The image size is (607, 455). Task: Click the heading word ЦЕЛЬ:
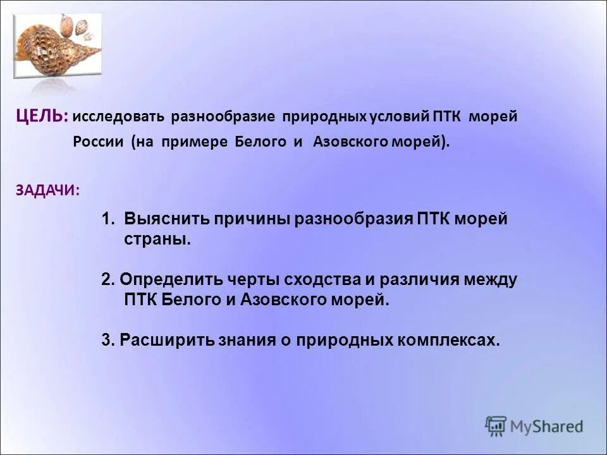tap(42, 116)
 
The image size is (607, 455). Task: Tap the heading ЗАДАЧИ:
tap(47, 190)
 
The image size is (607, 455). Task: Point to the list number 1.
tap(107, 219)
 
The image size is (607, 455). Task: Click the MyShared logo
tap(534, 426)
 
